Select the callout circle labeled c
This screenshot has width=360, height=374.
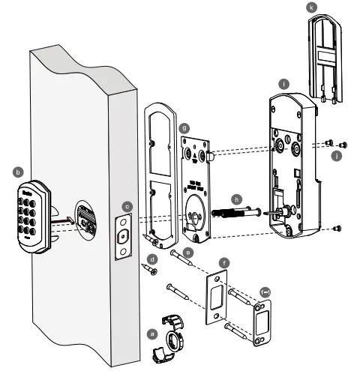click(x=128, y=205)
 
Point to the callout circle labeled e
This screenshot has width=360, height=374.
click(x=187, y=253)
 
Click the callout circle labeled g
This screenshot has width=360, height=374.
click(x=184, y=129)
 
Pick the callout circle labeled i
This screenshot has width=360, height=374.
click(x=283, y=85)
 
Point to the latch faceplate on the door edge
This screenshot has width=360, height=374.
click(x=123, y=235)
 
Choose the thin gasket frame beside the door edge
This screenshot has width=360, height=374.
click(x=160, y=176)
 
